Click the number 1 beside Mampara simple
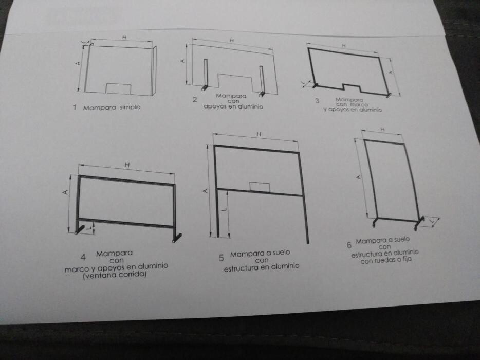pyautogui.click(x=75, y=107)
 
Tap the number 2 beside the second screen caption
pyautogui.click(x=195, y=100)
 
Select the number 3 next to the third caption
pyautogui.click(x=317, y=100)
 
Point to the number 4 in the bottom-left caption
pyautogui.click(x=83, y=257)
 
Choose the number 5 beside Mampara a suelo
pyautogui.click(x=221, y=258)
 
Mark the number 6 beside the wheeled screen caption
pyautogui.click(x=349, y=245)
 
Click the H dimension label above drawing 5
pyautogui.click(x=259, y=134)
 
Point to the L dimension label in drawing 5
pyautogui.click(x=224, y=209)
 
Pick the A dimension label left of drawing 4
pyautogui.click(x=65, y=192)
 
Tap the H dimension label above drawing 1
pyautogui.click(x=124, y=38)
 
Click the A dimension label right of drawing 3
pyautogui.click(x=391, y=73)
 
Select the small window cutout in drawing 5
pyautogui.click(x=260, y=187)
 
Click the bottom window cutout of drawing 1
pyautogui.click(x=118, y=88)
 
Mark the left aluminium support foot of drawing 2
pyautogui.click(x=205, y=87)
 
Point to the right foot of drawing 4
pyautogui.click(x=177, y=238)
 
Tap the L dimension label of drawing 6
pyautogui.click(x=432, y=221)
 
